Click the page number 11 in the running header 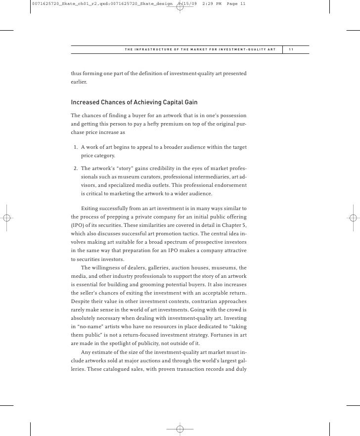(291, 49)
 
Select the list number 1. (75, 147)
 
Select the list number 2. (75, 169)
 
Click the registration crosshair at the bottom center (180, 429)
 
